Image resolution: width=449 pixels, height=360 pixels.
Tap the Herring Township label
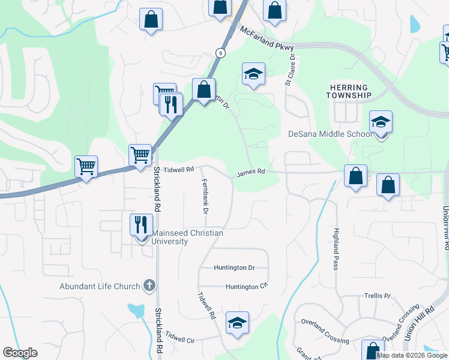(x=348, y=92)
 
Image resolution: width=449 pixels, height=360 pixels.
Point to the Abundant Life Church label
(x=100, y=286)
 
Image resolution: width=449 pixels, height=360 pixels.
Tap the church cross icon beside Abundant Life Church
(x=150, y=286)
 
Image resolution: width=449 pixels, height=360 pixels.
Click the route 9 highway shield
(x=221, y=53)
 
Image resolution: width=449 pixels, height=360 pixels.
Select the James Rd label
(x=251, y=172)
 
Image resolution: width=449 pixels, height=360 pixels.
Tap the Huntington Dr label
(x=234, y=268)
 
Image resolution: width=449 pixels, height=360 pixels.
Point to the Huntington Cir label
(x=246, y=287)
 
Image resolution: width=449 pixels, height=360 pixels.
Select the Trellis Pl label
(x=377, y=296)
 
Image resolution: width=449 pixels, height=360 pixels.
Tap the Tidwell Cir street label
(x=181, y=336)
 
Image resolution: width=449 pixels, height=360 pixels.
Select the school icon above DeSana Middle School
(x=381, y=122)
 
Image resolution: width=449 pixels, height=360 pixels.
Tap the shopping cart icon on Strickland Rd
(x=140, y=155)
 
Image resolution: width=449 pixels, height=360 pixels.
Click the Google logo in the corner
(x=20, y=353)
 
